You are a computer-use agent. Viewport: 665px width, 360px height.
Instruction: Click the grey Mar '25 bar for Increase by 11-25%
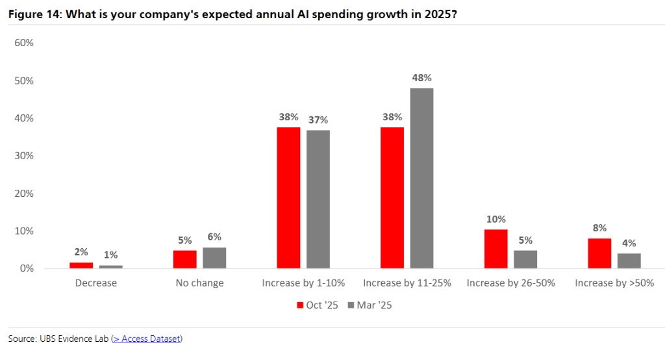422,178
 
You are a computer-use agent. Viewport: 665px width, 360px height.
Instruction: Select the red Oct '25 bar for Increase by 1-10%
288,198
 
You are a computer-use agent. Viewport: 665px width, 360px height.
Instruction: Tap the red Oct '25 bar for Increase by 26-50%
496,249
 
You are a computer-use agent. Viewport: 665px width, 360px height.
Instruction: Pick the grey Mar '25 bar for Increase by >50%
629,261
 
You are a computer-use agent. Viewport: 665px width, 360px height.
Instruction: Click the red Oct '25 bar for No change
184,259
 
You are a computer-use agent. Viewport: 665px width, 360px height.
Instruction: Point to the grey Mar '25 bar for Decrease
110,266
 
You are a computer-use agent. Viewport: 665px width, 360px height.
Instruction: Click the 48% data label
421,78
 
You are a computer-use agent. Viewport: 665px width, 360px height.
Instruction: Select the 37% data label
318,120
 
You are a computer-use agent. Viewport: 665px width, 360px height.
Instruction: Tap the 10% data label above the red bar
496,219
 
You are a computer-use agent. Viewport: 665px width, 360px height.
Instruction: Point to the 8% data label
599,228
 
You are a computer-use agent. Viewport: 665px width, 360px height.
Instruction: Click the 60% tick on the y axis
24,43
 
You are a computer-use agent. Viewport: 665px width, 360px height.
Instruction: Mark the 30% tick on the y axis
24,156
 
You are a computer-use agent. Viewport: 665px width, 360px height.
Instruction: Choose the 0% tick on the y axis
26,268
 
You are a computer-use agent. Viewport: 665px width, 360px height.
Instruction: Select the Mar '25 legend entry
370,305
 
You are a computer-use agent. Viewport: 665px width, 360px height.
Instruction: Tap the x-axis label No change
199,283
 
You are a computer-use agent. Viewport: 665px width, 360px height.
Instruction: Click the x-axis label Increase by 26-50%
510,283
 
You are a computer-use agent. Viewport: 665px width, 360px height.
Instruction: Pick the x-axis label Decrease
96,283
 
